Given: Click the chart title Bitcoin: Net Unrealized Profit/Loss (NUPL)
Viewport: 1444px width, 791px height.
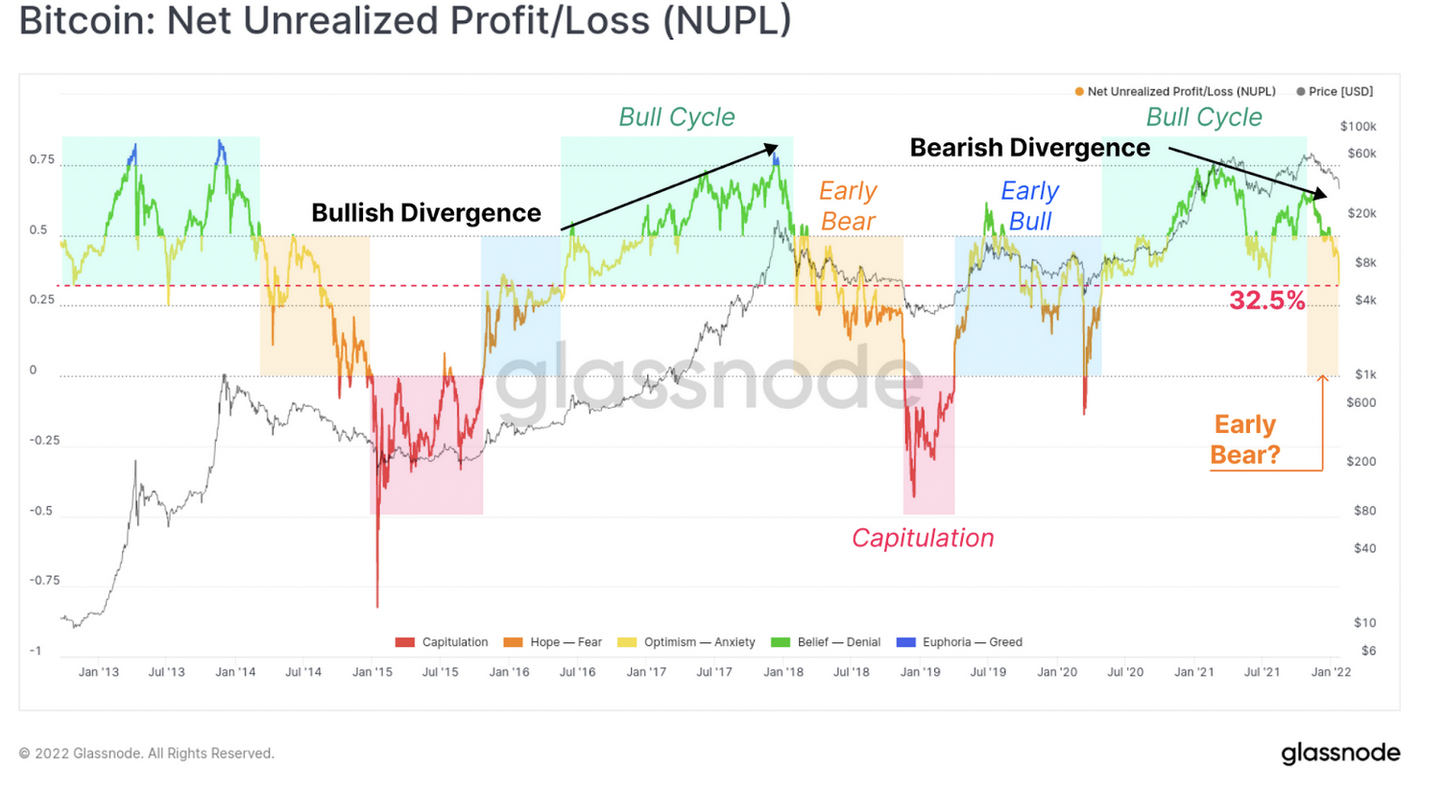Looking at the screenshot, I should pyautogui.click(x=404, y=21).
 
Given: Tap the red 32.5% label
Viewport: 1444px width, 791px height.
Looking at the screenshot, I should pyautogui.click(x=1267, y=300).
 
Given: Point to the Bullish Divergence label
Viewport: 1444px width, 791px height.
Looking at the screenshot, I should pyautogui.click(x=425, y=212).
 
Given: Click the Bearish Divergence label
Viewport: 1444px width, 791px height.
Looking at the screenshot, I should pyautogui.click(x=1029, y=148).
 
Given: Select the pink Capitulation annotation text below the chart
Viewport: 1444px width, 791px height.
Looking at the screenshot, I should pyautogui.click(x=923, y=538).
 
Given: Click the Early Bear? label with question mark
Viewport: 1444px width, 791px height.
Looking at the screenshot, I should pyautogui.click(x=1245, y=439).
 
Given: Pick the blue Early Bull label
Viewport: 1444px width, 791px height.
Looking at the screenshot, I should pyautogui.click(x=1029, y=205).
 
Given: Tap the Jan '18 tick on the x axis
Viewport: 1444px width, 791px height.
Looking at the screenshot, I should pyautogui.click(x=783, y=672).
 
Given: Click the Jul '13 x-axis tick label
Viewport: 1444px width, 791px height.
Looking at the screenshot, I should pyautogui.click(x=166, y=672).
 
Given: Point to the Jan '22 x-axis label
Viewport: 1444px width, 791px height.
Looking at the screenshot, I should pyautogui.click(x=1331, y=672).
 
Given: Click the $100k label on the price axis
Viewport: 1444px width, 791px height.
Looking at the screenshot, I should pyautogui.click(x=1358, y=127).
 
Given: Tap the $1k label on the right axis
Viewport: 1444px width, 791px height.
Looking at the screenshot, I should pyautogui.click(x=1364, y=374).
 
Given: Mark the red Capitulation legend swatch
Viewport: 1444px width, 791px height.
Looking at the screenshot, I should pyautogui.click(x=405, y=642).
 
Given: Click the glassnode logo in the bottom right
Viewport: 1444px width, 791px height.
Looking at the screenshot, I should pyautogui.click(x=1340, y=754).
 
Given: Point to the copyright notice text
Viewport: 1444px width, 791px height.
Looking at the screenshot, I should pyautogui.click(x=147, y=754).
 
